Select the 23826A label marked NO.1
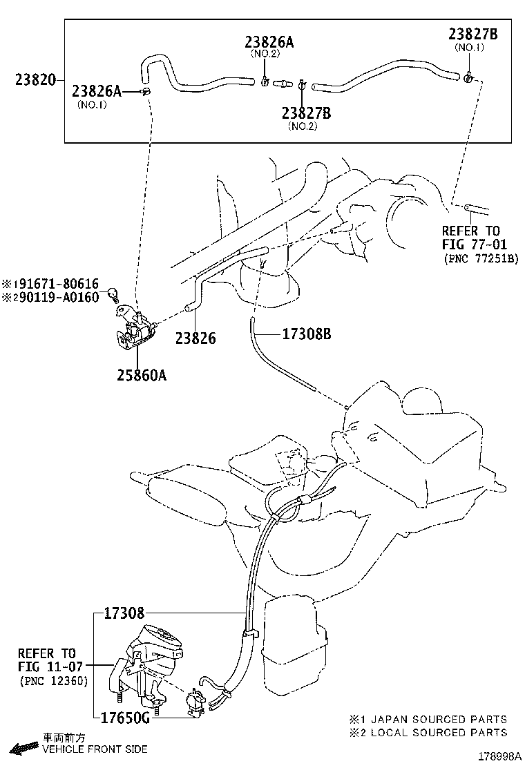point(97,91)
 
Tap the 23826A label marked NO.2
point(269,42)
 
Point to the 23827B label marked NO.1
point(473,35)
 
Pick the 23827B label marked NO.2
point(306,113)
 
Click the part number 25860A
point(141,376)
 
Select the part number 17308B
point(307,334)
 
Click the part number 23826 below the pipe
point(195,338)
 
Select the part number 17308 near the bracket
point(124,613)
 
